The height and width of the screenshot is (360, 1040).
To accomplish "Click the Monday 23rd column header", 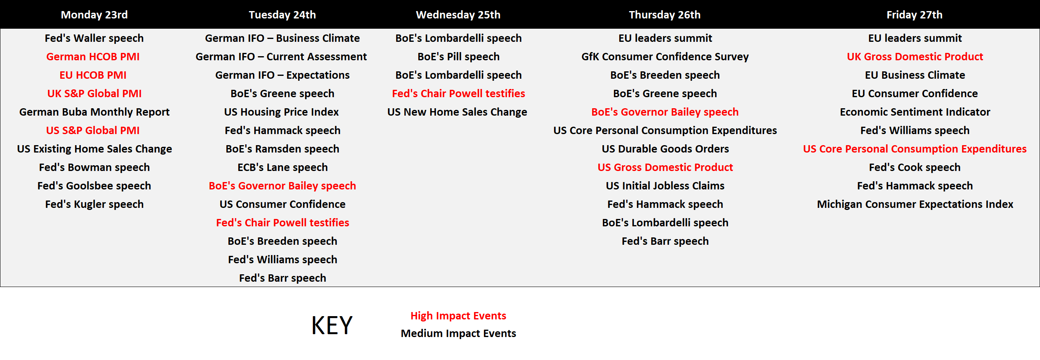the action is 94,15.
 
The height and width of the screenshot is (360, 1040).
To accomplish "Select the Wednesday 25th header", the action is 458,15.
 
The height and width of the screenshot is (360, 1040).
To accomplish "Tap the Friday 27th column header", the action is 915,15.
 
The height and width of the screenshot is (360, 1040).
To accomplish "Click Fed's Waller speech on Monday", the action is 94,38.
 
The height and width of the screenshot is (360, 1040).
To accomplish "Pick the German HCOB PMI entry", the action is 93,57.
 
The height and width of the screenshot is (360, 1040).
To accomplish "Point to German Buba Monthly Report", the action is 94,112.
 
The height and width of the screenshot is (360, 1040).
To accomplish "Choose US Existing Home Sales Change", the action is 94,149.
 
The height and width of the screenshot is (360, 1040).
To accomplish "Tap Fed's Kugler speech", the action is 94,204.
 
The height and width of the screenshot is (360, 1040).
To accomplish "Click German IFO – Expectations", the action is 283,75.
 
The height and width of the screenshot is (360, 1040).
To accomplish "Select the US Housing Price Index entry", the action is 282,112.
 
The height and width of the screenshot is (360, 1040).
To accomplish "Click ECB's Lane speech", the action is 283,167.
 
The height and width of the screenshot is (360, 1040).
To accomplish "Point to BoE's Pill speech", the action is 458,57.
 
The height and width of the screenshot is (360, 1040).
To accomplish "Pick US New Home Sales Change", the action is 457,112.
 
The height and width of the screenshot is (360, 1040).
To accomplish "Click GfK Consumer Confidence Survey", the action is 665,57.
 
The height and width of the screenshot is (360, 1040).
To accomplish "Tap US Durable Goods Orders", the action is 665,149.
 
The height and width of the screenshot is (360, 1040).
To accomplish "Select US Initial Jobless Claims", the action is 665,186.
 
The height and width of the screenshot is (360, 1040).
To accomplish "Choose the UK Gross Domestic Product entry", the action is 915,57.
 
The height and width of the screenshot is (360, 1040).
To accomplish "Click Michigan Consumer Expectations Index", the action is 915,204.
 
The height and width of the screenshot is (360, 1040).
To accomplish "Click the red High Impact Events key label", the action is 458,316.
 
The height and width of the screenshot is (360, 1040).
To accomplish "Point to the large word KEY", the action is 332,326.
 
